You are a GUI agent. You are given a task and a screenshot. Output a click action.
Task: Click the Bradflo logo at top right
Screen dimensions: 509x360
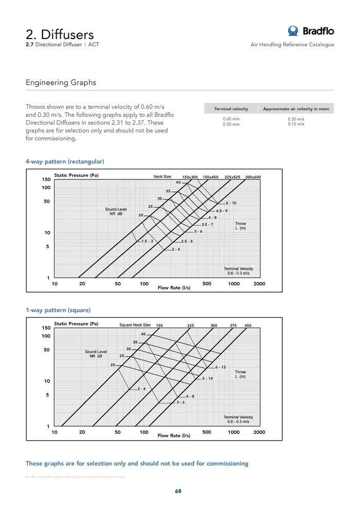point(311,31)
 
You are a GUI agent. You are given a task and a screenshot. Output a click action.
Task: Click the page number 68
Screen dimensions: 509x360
point(178,491)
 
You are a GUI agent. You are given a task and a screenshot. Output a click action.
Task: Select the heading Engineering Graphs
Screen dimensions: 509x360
point(61,82)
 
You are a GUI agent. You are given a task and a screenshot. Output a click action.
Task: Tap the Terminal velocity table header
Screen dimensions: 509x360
point(231,108)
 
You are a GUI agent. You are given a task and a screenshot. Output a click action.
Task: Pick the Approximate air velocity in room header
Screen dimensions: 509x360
point(296,108)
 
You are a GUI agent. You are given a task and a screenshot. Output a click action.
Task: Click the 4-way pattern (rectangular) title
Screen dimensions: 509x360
point(65,161)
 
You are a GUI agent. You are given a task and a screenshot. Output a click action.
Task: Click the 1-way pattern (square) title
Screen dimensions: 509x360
point(58,310)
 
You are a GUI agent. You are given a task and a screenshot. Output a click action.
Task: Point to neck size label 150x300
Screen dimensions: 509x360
point(190,177)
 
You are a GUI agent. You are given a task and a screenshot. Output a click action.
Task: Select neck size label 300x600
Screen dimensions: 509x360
point(253,177)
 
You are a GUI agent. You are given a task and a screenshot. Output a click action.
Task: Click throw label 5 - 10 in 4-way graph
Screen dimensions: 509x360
point(231,203)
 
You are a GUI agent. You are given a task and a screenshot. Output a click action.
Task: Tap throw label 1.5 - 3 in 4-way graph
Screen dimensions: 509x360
point(147,241)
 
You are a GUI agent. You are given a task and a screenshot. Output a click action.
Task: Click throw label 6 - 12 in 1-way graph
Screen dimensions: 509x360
point(221,367)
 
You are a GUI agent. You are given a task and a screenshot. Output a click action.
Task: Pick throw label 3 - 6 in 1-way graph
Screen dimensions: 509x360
point(181,402)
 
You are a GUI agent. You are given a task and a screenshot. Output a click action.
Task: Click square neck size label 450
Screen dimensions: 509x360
point(248,325)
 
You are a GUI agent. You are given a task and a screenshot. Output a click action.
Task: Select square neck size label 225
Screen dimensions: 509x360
point(190,325)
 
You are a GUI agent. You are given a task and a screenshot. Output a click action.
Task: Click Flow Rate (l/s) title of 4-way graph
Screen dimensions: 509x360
point(174,287)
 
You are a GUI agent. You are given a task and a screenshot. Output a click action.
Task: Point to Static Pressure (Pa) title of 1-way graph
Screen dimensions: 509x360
point(76,324)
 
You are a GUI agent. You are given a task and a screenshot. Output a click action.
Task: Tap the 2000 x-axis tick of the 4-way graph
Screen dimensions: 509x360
point(259,283)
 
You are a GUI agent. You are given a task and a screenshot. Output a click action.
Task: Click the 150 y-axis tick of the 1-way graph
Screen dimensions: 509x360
point(46,328)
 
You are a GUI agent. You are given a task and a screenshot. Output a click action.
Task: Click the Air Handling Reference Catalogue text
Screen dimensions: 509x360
point(292,45)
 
